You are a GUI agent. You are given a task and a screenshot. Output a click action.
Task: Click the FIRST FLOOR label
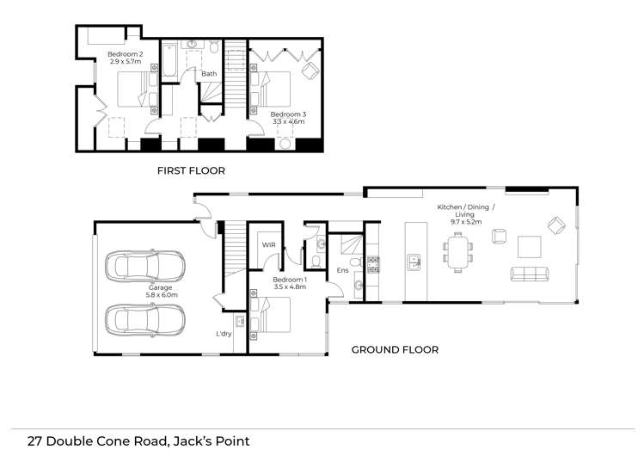[191, 170]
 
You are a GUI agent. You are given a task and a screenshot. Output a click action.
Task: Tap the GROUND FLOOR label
[395, 349]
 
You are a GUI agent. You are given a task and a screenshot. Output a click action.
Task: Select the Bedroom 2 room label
[126, 58]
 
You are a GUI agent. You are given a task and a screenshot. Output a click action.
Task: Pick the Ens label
[342, 271]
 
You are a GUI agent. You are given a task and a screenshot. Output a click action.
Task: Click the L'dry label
[224, 334]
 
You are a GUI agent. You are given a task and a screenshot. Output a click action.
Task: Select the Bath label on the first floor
[209, 74]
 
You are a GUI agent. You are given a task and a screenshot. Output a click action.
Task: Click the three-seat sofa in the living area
[529, 274]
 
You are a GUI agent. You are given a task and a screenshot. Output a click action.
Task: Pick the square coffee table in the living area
[529, 247]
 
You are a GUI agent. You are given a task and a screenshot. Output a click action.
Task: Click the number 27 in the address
[35, 441]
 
